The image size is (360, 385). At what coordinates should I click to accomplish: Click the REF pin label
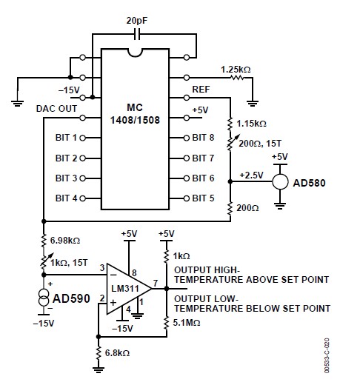tap(201, 90)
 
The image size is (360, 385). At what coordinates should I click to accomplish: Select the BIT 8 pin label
tap(203, 138)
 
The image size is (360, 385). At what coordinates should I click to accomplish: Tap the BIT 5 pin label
tap(203, 198)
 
